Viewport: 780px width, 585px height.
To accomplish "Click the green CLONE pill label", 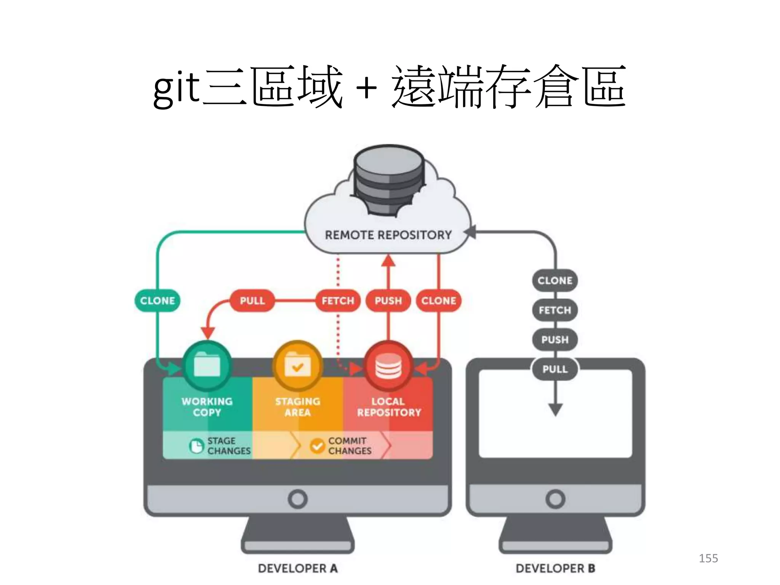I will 157,300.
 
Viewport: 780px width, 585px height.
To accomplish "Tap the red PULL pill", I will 252,300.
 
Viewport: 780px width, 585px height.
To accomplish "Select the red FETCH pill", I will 338,300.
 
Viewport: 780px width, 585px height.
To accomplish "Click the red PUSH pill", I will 388,300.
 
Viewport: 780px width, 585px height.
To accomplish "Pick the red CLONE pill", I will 438,300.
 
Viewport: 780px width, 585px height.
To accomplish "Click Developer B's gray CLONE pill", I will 555,281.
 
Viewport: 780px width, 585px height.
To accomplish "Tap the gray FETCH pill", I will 555,310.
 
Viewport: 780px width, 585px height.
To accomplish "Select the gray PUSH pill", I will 555,339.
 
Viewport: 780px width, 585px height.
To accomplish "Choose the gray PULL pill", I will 555,369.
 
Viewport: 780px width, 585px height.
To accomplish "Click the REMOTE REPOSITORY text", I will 388,235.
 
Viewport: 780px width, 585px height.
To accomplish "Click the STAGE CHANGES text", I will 229,446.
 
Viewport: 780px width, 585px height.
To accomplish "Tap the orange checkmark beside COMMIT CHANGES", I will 317,446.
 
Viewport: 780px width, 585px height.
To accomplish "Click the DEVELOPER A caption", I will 297,568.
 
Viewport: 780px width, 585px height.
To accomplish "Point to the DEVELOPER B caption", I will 555,568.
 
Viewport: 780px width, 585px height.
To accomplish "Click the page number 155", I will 708,558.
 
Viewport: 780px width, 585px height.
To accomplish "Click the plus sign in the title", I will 366,88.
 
